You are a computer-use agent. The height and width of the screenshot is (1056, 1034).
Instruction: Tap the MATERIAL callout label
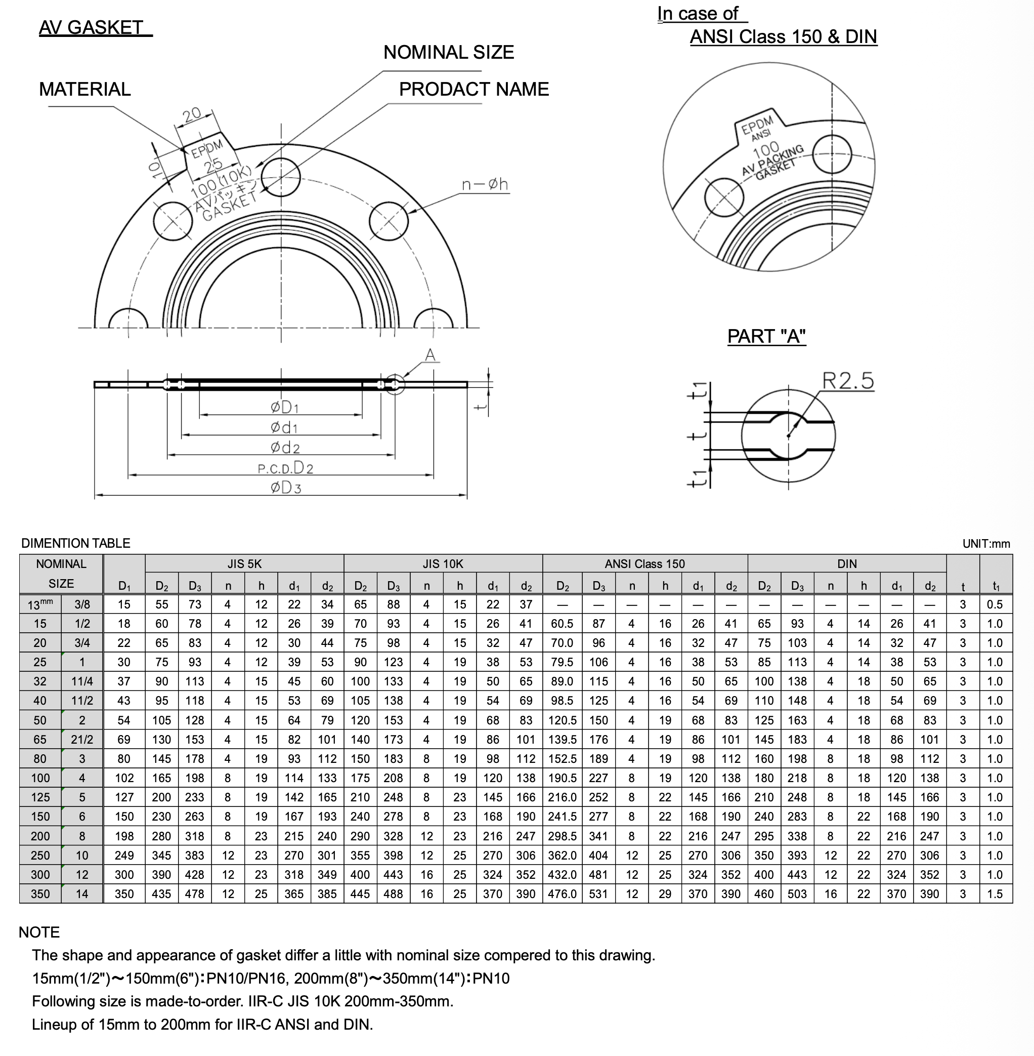(x=84, y=89)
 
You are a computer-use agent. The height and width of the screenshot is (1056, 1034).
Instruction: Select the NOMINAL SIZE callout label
(x=449, y=52)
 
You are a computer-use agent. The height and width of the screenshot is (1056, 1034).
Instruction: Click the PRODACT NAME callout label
(x=473, y=89)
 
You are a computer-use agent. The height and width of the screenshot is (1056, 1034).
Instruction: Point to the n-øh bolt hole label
(x=485, y=185)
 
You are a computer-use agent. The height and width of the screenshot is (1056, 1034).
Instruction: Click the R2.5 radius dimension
(x=848, y=381)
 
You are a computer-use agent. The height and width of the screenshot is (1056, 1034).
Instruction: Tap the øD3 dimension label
(x=286, y=487)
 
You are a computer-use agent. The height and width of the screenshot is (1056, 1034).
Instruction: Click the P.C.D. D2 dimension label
(x=286, y=467)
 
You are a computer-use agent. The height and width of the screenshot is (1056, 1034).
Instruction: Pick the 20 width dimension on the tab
(x=192, y=115)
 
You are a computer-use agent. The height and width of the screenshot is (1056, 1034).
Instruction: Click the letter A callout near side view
(x=429, y=355)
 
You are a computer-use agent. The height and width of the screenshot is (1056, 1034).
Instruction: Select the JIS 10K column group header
(x=443, y=563)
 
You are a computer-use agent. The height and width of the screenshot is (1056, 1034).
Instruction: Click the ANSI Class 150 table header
(x=644, y=563)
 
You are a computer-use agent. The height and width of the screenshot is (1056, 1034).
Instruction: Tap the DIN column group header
(x=847, y=563)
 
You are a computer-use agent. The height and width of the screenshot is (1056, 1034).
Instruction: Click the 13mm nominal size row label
(x=40, y=604)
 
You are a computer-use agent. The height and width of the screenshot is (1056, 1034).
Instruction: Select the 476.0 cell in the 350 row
(x=562, y=894)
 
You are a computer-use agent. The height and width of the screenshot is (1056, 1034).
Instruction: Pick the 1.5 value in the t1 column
(x=995, y=894)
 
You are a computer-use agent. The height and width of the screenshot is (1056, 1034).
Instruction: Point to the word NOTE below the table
(x=39, y=932)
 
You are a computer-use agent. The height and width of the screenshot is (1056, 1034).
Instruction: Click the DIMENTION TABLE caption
(x=75, y=543)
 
